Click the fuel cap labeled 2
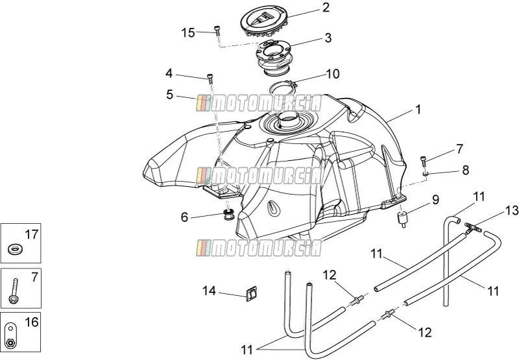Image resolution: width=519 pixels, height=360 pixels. (x=265, y=23)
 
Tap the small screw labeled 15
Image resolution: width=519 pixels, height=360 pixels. (x=217, y=30)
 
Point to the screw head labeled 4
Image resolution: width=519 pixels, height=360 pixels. (x=210, y=77)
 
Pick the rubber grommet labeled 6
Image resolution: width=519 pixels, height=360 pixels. (x=228, y=214)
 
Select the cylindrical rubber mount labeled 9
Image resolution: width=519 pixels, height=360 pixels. (x=402, y=219)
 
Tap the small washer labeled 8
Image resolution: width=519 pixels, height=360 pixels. (x=426, y=173)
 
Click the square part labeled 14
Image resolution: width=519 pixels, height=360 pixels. (x=252, y=293)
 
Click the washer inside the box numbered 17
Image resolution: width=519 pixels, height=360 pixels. (x=15, y=249)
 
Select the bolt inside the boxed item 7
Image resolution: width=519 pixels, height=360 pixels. (x=14, y=291)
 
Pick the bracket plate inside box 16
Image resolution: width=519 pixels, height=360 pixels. (x=10, y=335)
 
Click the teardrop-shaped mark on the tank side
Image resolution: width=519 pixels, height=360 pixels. (x=274, y=208)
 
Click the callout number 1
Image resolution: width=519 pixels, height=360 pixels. (x=418, y=109)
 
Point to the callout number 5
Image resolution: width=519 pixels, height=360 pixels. (x=169, y=95)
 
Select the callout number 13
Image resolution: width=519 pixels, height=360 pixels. (x=512, y=210)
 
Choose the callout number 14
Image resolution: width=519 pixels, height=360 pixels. (x=209, y=291)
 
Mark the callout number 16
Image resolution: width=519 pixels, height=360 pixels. (x=32, y=322)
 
